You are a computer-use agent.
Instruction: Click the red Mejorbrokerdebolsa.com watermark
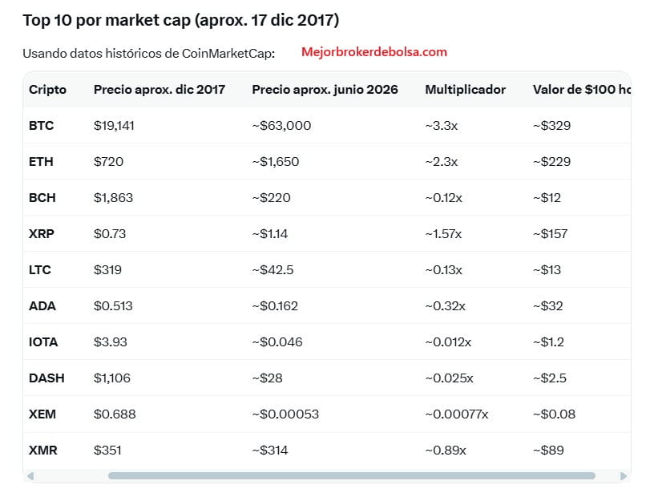pyautogui.click(x=374, y=52)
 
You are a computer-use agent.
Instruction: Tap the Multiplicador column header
pyautogui.click(x=465, y=90)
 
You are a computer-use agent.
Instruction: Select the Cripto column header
pyautogui.click(x=47, y=90)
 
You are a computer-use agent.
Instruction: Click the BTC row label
pyautogui.click(x=41, y=125)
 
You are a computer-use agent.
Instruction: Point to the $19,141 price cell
pyautogui.click(x=114, y=125)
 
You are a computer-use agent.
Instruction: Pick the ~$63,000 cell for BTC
pyautogui.click(x=281, y=125)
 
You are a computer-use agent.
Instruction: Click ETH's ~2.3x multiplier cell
pyautogui.click(x=442, y=162)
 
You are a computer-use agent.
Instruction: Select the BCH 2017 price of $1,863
pyautogui.click(x=113, y=198)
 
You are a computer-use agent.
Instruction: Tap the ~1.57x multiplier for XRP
pyautogui.click(x=443, y=234)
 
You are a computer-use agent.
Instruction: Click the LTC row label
pyautogui.click(x=39, y=270)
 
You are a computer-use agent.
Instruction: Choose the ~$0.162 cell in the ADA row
pyautogui.click(x=275, y=306)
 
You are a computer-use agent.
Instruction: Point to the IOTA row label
pyautogui.click(x=43, y=342)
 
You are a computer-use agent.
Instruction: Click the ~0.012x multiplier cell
pyautogui.click(x=448, y=342)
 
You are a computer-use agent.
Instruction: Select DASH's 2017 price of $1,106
pyautogui.click(x=111, y=378)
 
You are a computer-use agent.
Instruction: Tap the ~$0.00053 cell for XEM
pyautogui.click(x=285, y=414)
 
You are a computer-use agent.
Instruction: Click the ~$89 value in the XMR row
pyautogui.click(x=548, y=451)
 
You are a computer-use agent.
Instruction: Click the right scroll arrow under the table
pyautogui.click(x=624, y=476)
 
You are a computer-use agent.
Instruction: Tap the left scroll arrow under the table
pyautogui.click(x=30, y=476)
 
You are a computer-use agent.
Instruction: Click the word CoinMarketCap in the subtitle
pyautogui.click(x=227, y=54)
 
